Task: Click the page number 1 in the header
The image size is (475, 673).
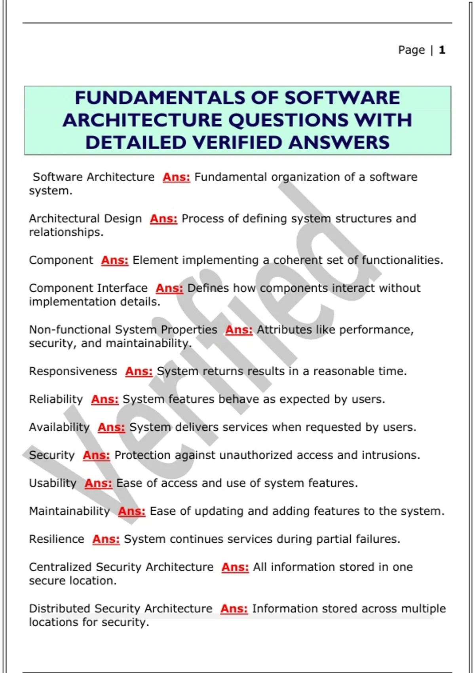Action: click(x=442, y=50)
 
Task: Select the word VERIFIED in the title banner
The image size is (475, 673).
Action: click(x=237, y=143)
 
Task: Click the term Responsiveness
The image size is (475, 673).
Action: click(x=73, y=371)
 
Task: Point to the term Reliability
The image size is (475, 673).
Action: click(x=56, y=399)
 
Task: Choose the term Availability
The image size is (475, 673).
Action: click(x=59, y=427)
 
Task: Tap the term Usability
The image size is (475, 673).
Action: click(x=53, y=483)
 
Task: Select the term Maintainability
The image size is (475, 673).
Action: click(x=69, y=511)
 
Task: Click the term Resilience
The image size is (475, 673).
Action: click(x=57, y=539)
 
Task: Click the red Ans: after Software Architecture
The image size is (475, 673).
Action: click(x=177, y=177)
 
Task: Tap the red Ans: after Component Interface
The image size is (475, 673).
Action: click(x=169, y=288)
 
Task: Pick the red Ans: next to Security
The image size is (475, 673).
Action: click(x=96, y=455)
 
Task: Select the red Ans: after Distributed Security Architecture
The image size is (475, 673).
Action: click(x=234, y=608)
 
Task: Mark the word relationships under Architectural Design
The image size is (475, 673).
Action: click(x=66, y=232)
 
